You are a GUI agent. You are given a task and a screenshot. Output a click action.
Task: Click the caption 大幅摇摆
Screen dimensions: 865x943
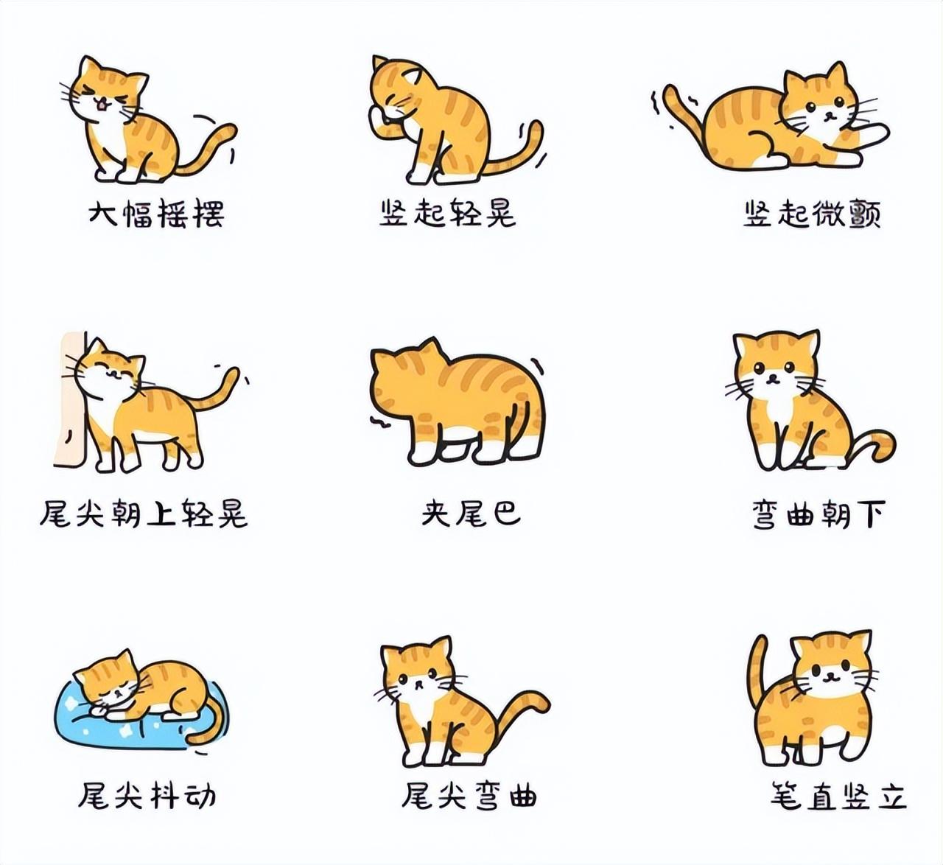[x=155, y=214]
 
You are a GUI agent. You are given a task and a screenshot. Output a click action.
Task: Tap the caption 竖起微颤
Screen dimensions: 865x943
[x=811, y=214]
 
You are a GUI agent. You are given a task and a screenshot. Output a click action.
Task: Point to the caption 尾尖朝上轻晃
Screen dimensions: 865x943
[x=144, y=514]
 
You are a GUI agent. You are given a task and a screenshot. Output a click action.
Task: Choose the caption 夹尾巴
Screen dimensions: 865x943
[x=471, y=514]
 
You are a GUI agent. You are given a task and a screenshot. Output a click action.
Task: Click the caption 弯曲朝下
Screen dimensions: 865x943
[x=817, y=514]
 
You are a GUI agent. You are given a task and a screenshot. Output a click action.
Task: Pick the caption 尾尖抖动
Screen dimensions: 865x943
[x=147, y=796]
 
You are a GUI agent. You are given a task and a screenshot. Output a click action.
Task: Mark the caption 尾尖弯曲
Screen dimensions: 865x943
[x=469, y=796]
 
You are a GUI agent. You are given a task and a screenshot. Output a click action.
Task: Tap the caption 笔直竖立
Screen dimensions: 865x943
[x=838, y=796]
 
